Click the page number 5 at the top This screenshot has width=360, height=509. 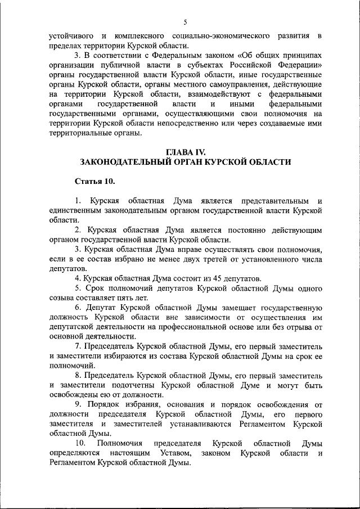(184, 22)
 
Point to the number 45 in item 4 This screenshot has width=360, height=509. (213, 278)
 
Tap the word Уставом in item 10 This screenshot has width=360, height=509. (168, 454)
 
